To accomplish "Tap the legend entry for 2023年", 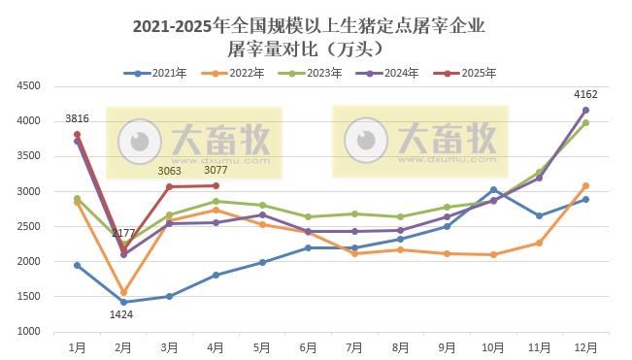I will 315,73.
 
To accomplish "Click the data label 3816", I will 77,119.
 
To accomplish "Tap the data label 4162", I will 585,94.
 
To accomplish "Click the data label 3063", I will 170,171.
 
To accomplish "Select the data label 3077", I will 216,171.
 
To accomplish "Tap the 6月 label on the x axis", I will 308,345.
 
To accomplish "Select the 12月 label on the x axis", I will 585,345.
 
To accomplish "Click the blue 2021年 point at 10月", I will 493,189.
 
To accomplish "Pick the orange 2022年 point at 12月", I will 585,185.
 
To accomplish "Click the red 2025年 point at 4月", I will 216,185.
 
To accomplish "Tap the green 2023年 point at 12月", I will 585,122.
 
